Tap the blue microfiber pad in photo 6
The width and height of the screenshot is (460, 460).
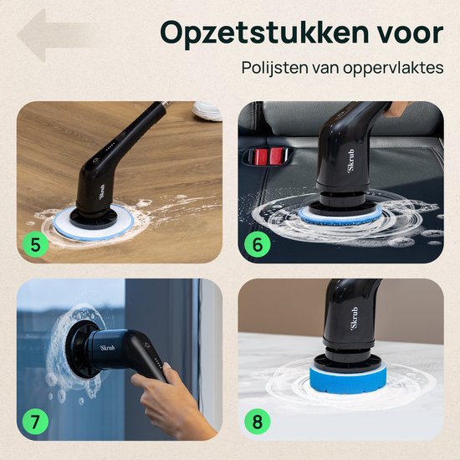coord(339,216)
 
